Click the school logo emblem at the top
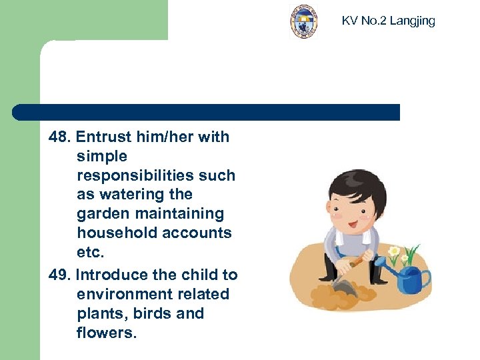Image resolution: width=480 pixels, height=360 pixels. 303,21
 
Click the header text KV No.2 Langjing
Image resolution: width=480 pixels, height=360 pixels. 388,21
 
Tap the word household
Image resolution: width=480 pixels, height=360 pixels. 115,233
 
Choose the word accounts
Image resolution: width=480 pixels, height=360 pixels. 199,233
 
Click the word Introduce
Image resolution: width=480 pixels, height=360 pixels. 109,275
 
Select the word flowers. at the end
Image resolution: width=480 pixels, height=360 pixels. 107,333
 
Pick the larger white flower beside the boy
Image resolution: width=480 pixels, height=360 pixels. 394,253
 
